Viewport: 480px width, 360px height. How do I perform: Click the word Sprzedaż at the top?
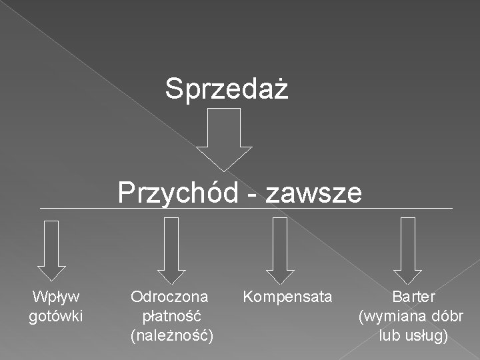[227, 89]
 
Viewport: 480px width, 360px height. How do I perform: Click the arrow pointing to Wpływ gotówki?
[51, 251]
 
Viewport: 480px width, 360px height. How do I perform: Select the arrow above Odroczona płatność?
[171, 251]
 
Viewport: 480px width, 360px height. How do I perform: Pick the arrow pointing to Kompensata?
[280, 251]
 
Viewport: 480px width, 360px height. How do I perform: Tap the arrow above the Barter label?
[407, 251]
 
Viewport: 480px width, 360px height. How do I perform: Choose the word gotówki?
[56, 315]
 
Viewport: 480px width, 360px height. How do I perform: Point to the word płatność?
[172, 315]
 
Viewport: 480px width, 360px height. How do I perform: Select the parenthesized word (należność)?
[172, 335]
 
